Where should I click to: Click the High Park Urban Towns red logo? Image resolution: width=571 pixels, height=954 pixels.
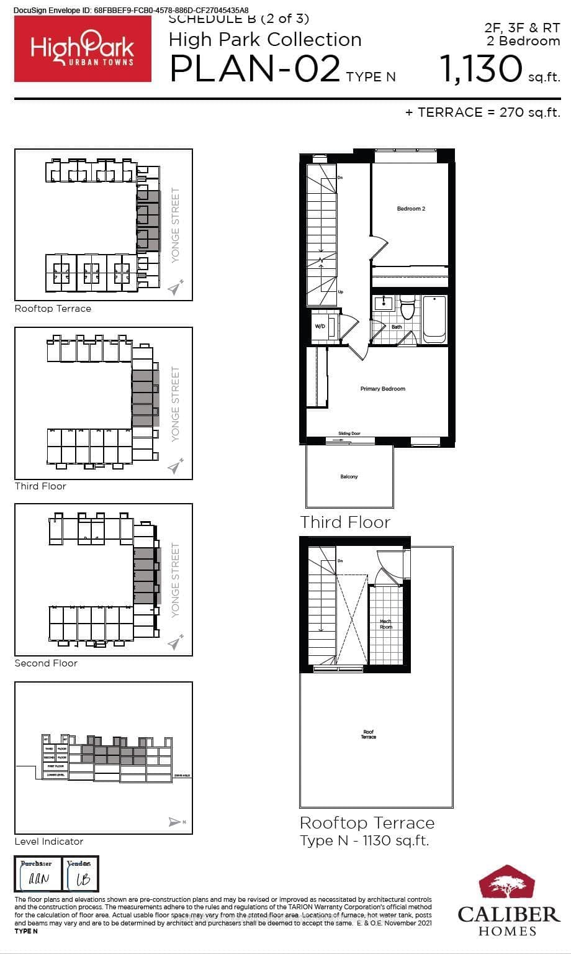[x=83, y=49]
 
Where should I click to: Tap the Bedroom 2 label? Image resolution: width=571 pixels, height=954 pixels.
[x=411, y=209]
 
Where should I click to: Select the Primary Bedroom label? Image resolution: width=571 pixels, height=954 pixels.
[x=382, y=389]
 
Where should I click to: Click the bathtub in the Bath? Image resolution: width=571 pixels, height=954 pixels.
[x=434, y=319]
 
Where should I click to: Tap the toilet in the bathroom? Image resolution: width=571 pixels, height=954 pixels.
[x=407, y=307]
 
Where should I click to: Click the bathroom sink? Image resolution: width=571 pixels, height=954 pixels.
[x=384, y=303]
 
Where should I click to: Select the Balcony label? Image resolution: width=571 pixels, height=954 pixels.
[x=349, y=476]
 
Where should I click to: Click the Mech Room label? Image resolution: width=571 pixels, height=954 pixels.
[x=385, y=624]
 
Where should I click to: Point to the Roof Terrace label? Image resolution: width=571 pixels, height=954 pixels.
[x=368, y=735]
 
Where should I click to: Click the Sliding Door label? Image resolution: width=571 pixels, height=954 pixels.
[x=349, y=434]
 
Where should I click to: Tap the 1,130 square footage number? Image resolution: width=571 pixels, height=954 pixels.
[x=481, y=68]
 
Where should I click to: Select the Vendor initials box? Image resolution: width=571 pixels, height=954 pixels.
[x=80, y=875]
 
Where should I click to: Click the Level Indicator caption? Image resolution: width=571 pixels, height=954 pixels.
[x=49, y=842]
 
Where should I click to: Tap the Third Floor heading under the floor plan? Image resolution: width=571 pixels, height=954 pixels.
[x=345, y=522]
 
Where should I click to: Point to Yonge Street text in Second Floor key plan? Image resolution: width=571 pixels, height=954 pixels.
[x=176, y=579]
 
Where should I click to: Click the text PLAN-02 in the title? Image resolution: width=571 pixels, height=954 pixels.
[x=254, y=68]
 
